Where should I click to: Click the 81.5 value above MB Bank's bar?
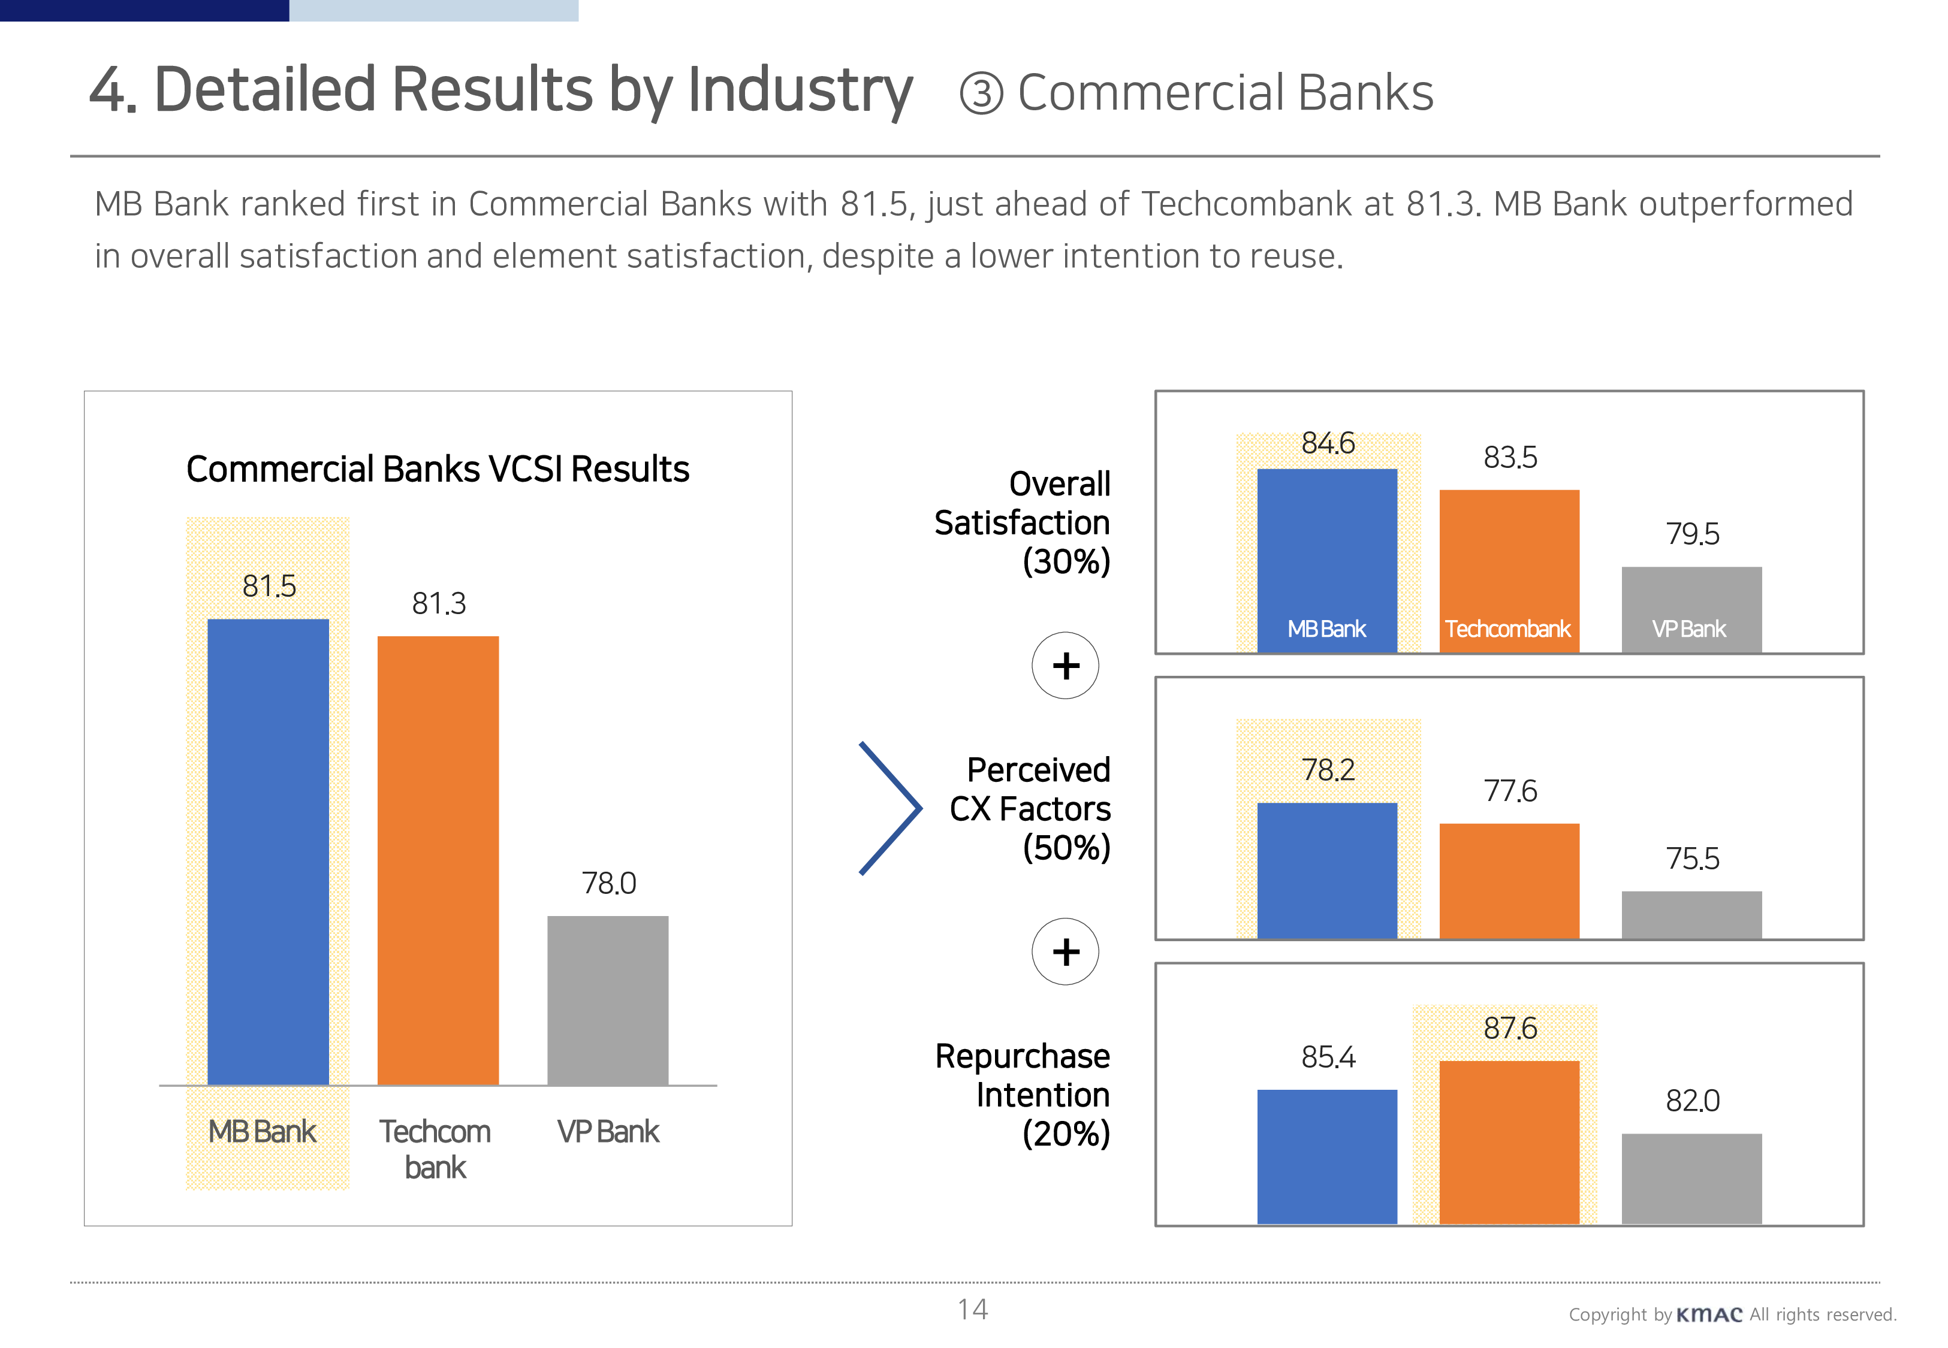269,586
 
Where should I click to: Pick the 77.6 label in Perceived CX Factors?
1510,791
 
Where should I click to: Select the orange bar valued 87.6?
1509,1142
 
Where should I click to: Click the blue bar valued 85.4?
1326,1156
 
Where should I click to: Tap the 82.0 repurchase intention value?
1692,1101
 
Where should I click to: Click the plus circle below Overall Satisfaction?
1065,666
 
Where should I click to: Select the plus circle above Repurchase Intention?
1065,952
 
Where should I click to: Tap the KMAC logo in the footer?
1708,1315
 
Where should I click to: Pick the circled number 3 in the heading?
981,93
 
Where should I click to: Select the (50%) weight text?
1066,848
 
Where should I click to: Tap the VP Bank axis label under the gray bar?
607,1132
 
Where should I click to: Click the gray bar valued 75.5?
1691,915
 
